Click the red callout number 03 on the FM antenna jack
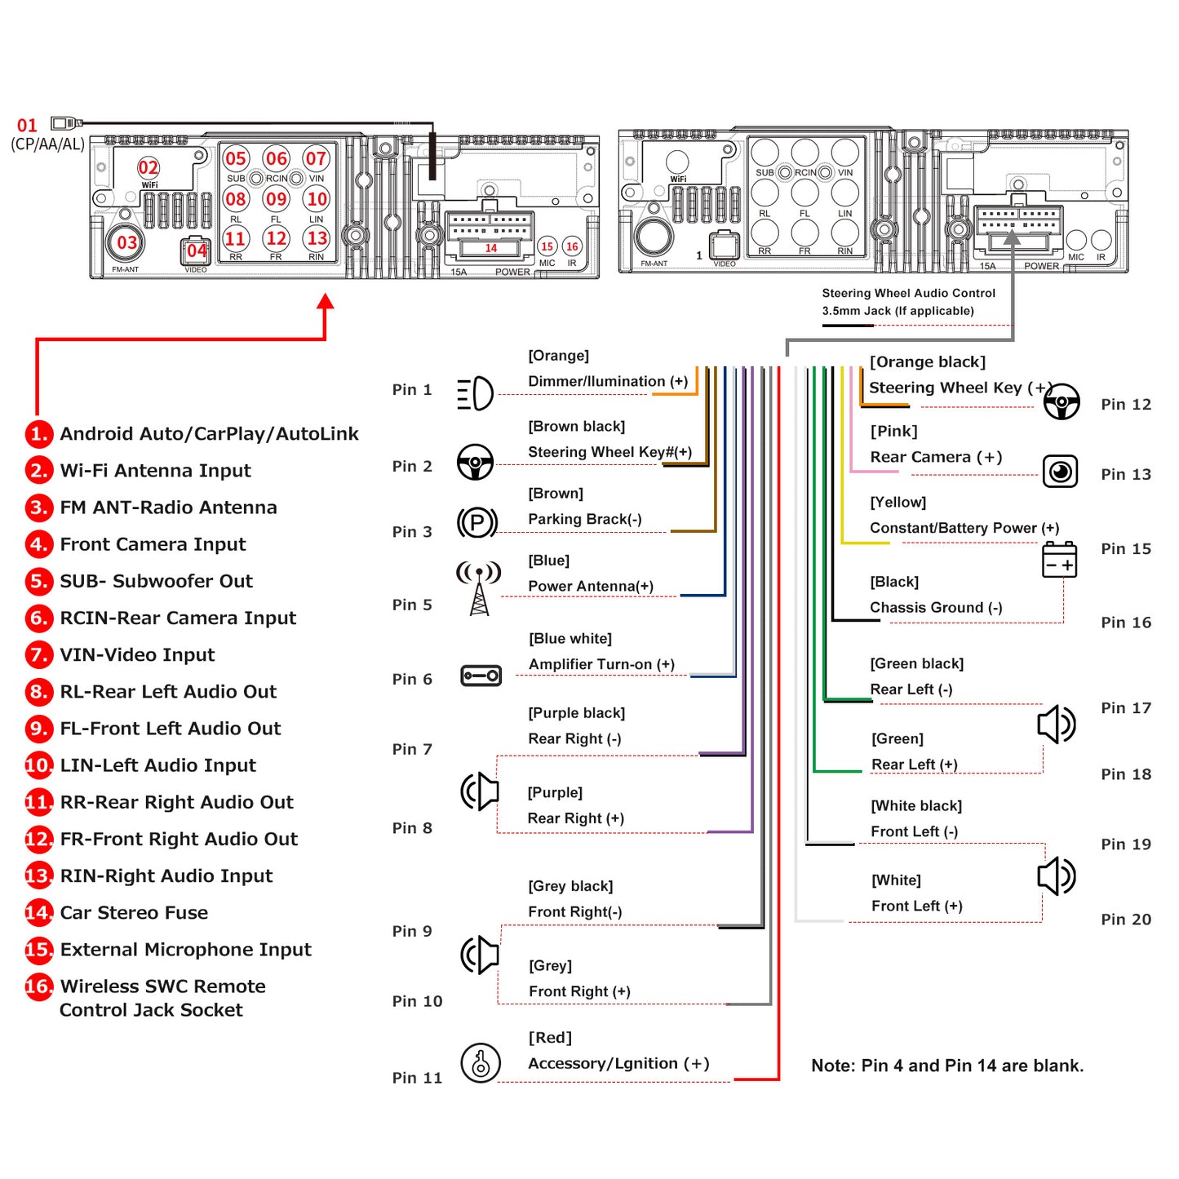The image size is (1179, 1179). [x=126, y=242]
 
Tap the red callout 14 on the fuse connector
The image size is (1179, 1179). [x=490, y=248]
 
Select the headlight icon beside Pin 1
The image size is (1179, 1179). [x=475, y=394]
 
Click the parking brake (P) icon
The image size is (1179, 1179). [x=477, y=522]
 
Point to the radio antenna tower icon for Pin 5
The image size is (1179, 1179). [x=479, y=587]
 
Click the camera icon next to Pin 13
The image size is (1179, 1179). [x=1060, y=472]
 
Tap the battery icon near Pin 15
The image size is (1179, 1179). [x=1059, y=561]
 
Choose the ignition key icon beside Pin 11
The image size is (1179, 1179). [x=481, y=1062]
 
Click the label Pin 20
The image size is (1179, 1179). [x=1125, y=920]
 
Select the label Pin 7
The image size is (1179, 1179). [x=412, y=749]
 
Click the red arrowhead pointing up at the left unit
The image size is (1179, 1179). [x=326, y=302]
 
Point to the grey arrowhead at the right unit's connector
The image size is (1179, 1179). [x=1012, y=237]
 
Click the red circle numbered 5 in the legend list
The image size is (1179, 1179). [x=38, y=581]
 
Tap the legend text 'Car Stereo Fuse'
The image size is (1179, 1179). [x=134, y=912]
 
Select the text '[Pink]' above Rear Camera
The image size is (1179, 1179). [x=893, y=431]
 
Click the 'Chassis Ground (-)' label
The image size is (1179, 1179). [x=936, y=607]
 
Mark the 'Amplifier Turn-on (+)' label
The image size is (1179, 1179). [x=601, y=664]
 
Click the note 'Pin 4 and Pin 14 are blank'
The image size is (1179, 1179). [x=947, y=1066]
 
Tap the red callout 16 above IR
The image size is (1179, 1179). [x=572, y=246]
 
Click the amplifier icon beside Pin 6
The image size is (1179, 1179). [x=481, y=676]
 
